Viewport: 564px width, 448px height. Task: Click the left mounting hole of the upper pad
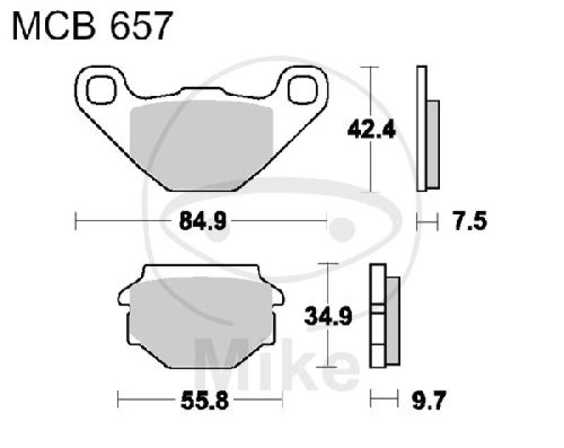tap(102, 88)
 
